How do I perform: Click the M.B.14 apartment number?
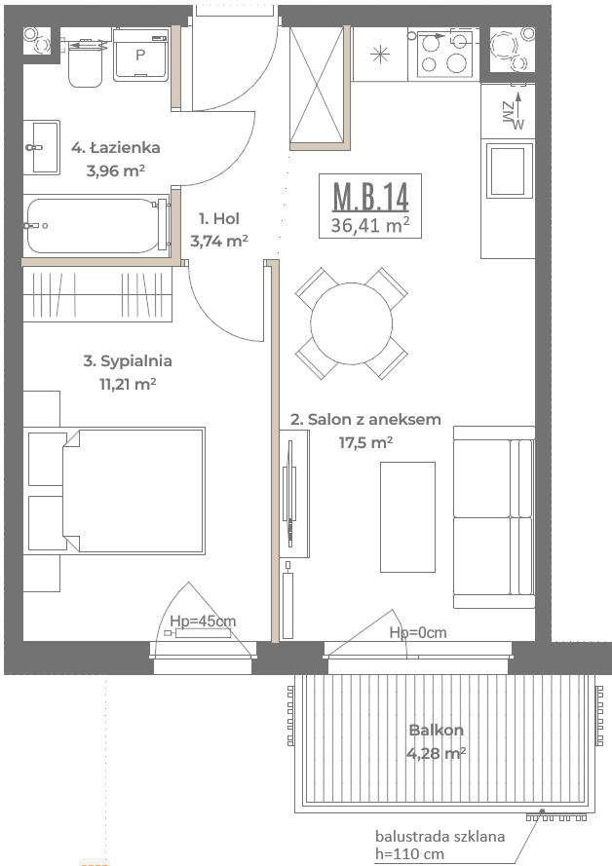pyautogui.click(x=370, y=196)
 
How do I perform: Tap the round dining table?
pyautogui.click(x=351, y=323)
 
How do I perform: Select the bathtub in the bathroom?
pyautogui.click(x=96, y=226)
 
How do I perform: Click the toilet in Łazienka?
pyautogui.click(x=86, y=63)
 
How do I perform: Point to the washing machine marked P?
pyautogui.click(x=141, y=55)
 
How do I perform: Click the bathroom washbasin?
pyautogui.click(x=42, y=147)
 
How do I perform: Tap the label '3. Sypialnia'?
pyautogui.click(x=128, y=361)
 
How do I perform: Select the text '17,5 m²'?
pyautogui.click(x=365, y=442)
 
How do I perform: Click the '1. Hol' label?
pyautogui.click(x=219, y=219)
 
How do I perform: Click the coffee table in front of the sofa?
pyautogui.click(x=407, y=517)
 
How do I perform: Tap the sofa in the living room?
pyautogui.click(x=494, y=517)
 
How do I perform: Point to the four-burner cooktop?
pyautogui.click(x=445, y=54)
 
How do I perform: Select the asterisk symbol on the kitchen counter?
pyautogui.click(x=380, y=55)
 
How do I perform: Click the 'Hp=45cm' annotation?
pyautogui.click(x=203, y=621)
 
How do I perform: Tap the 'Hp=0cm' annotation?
pyautogui.click(x=418, y=632)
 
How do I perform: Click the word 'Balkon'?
pyautogui.click(x=437, y=731)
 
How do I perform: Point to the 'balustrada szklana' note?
pyautogui.click(x=440, y=836)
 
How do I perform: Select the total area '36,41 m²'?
pyautogui.click(x=370, y=225)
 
